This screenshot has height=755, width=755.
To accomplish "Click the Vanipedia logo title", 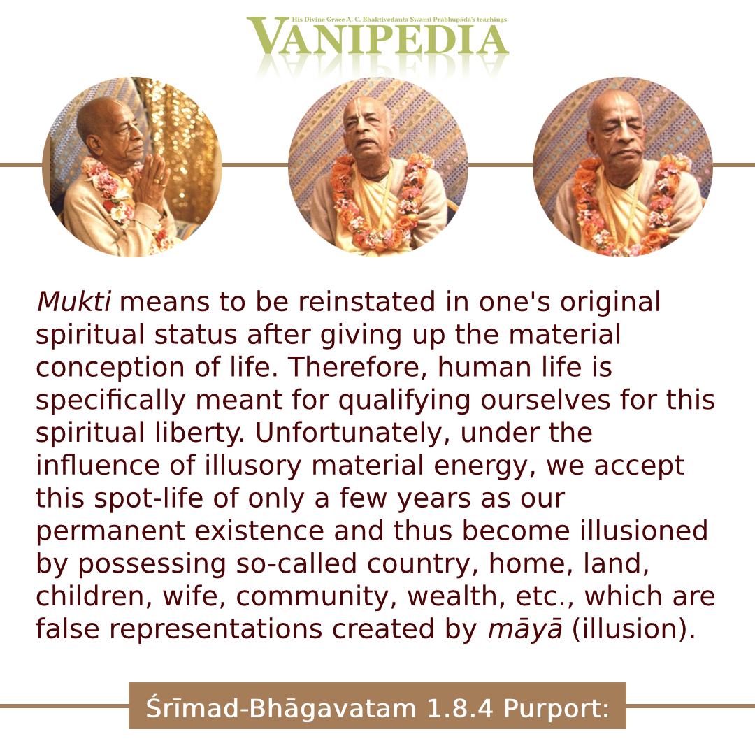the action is click(378, 37).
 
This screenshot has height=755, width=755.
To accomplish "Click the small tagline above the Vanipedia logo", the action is click(399, 20).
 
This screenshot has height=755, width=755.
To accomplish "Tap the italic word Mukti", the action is click(74, 302).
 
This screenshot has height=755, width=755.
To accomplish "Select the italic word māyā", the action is click(525, 630).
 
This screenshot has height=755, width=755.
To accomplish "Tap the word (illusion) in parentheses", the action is click(633, 629).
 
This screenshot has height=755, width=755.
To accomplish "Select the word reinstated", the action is click(367, 302).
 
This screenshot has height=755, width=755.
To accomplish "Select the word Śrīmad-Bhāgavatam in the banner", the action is click(281, 707).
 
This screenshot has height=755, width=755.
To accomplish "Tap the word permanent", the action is click(110, 532).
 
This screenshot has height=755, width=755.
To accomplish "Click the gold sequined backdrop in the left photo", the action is click(180, 145).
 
